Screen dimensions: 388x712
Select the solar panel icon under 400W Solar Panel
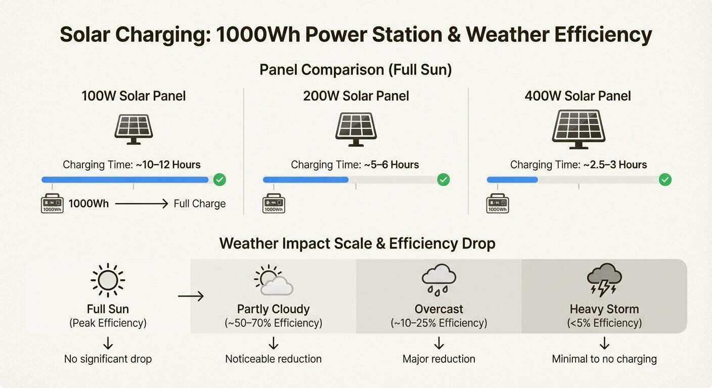[x=579, y=129]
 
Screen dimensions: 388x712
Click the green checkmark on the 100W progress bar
[x=219, y=179]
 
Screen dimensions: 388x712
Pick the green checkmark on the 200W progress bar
[x=443, y=179]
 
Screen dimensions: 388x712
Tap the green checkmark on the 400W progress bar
[x=665, y=179]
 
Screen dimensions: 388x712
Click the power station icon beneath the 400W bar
[x=498, y=204]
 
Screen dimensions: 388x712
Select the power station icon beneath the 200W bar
[x=274, y=204]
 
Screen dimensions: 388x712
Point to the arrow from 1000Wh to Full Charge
[x=141, y=204]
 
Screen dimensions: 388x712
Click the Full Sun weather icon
[x=108, y=280]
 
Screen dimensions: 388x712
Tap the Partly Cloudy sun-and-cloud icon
[x=273, y=280]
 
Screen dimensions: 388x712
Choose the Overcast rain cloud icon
[x=438, y=280]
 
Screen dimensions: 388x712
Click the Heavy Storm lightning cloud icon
[x=604, y=280]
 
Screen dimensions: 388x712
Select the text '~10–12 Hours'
[x=168, y=165]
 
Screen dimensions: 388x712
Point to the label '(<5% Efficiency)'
[x=604, y=323]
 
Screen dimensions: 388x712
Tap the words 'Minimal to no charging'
[x=604, y=359]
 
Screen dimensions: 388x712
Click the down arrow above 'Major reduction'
[x=439, y=344]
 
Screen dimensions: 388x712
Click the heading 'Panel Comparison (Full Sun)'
[x=355, y=70]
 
